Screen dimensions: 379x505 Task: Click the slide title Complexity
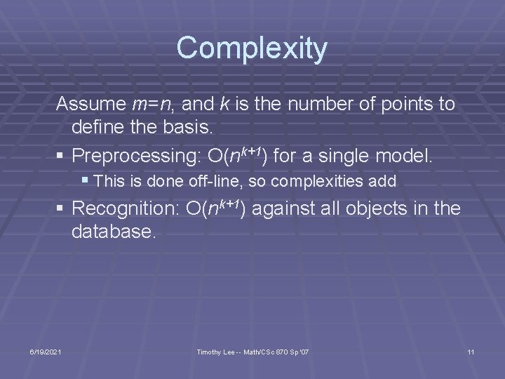[252, 48]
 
